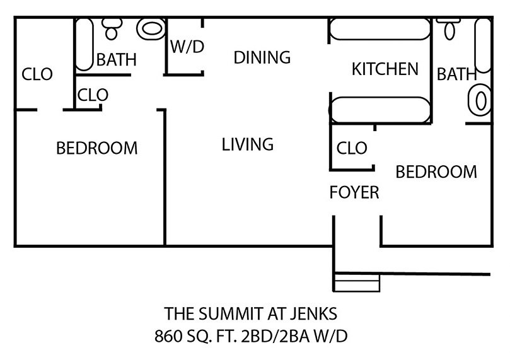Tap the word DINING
[x=262, y=57]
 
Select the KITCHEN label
[x=385, y=69]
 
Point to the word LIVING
[x=248, y=144]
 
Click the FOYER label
[x=354, y=192]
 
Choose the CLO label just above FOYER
[x=352, y=148]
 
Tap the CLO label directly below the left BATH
[x=93, y=95]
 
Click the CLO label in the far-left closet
[x=38, y=74]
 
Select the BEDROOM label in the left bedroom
[x=96, y=148]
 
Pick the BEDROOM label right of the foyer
[x=436, y=171]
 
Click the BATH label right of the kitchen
[x=456, y=74]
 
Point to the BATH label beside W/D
[x=116, y=60]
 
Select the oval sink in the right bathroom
[x=479, y=102]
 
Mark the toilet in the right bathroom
[x=449, y=28]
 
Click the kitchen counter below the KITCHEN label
[x=381, y=109]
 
